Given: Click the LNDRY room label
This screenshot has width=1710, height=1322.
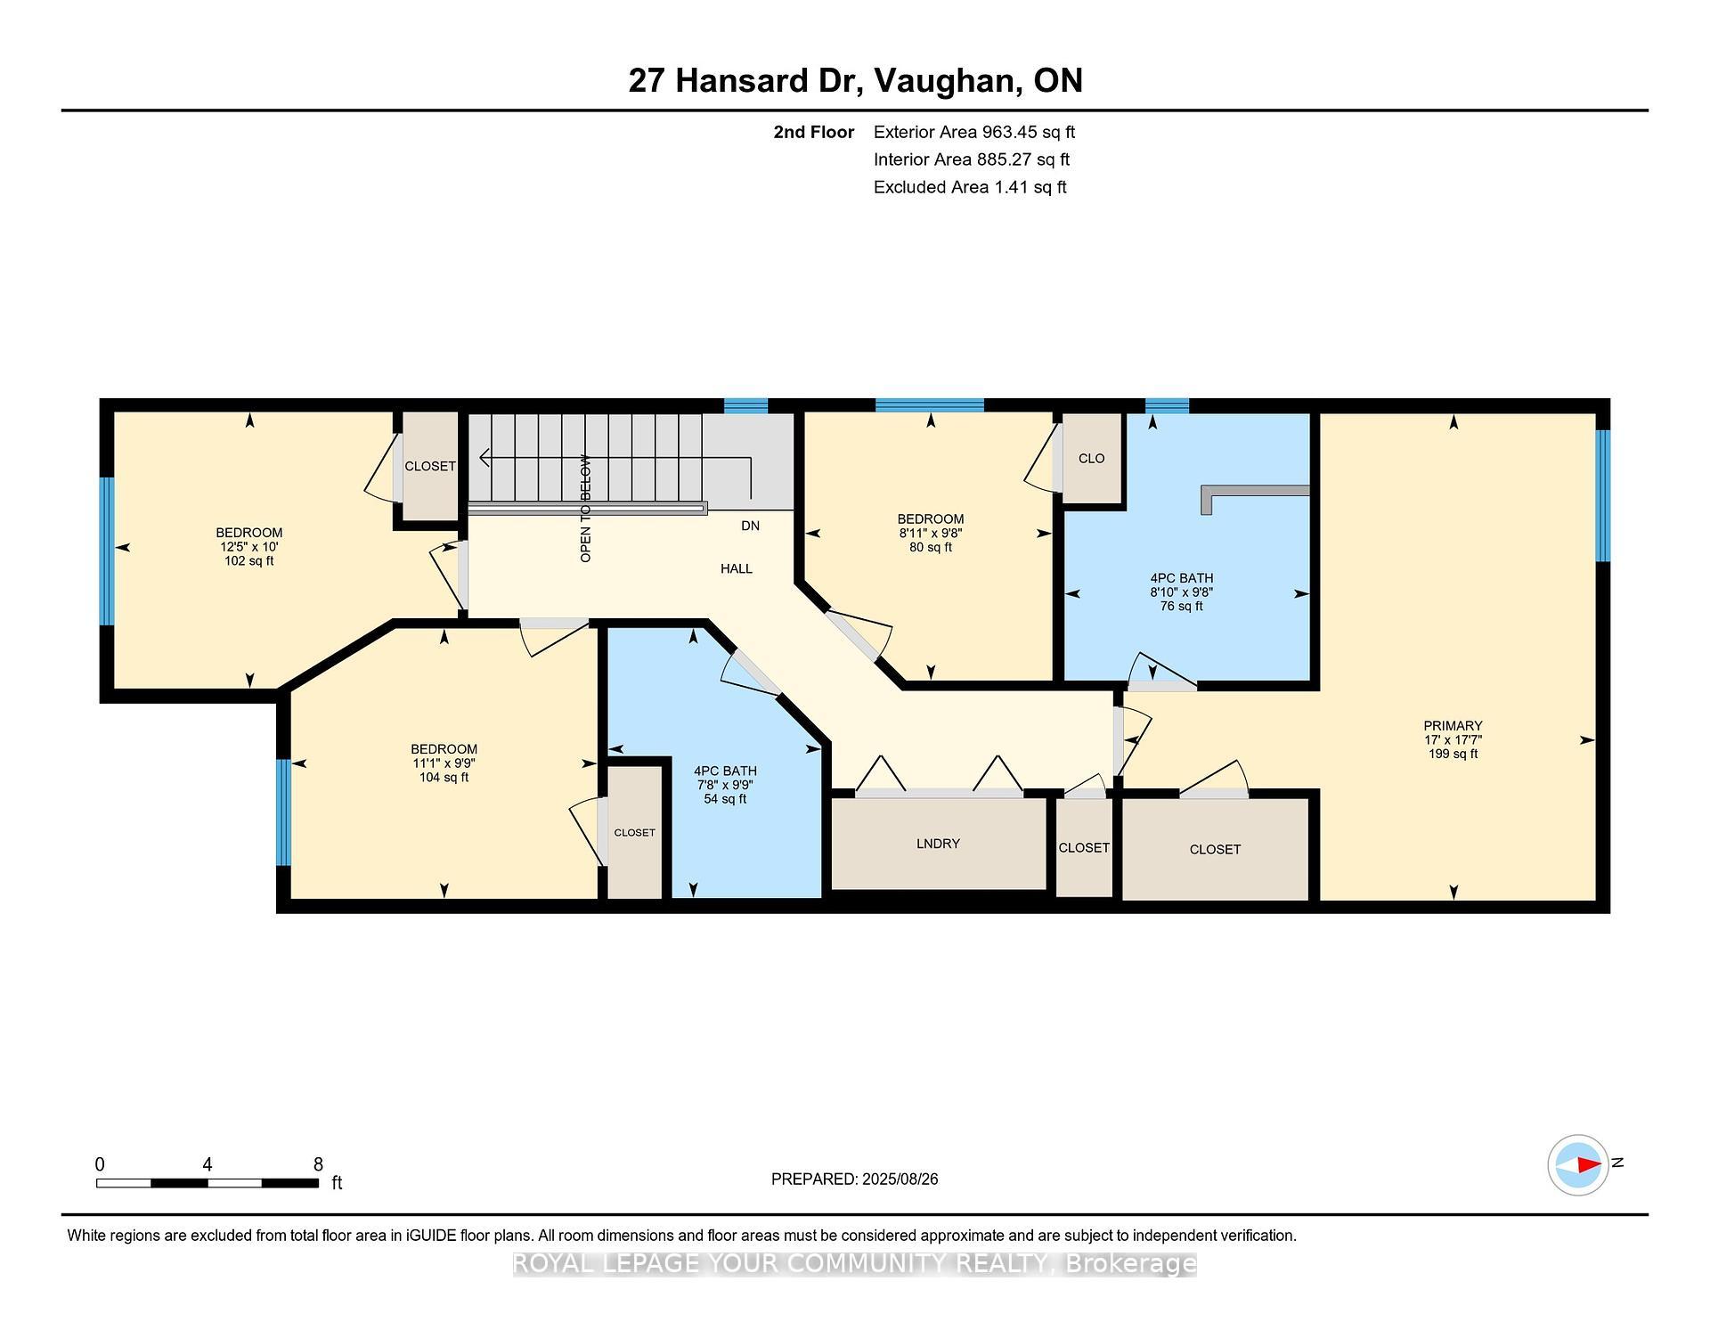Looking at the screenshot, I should pos(938,844).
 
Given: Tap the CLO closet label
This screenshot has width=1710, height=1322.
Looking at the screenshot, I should pos(1091,459).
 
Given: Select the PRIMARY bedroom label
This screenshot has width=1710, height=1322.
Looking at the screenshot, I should pos(1453,726).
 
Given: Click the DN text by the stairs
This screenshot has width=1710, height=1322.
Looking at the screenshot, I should pos(750,526).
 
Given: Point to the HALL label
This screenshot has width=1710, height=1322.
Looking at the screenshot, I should pos(737,568).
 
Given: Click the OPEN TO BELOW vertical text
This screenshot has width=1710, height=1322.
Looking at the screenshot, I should pos(585,509).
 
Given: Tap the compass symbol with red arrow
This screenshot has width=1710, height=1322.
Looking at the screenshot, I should pos(1578,1164).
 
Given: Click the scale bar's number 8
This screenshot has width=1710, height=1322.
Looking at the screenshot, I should pos(318,1164).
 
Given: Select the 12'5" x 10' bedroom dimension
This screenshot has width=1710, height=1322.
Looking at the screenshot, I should pos(249,547).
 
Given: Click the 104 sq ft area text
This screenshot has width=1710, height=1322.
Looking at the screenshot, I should pos(444,778).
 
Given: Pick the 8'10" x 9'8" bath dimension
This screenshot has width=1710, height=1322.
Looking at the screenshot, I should pos(1182,592).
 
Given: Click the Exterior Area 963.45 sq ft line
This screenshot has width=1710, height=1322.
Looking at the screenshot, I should pos(973,133).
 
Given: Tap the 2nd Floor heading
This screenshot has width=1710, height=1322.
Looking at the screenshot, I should pos(813,133).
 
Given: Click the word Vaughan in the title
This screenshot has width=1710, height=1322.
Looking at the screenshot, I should pos(947,81).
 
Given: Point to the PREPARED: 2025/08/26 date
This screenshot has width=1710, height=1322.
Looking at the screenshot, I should pos(854,1179).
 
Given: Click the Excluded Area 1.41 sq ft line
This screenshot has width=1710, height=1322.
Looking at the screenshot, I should pos(969,188).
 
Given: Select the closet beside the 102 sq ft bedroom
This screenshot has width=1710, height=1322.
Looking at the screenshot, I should pos(430,467).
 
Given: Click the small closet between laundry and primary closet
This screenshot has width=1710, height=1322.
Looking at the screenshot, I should pos(1084,848).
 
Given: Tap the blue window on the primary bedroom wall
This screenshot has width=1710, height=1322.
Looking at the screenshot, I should pos(1602,495).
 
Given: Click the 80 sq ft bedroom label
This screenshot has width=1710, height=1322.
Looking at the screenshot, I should pos(931,548).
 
